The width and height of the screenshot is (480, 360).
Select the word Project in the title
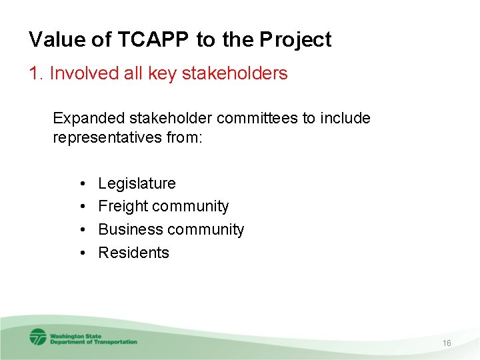point(295,40)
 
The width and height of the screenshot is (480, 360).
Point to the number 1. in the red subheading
point(37,73)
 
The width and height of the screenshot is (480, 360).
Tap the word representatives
point(106,139)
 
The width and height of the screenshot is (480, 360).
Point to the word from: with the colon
point(182,139)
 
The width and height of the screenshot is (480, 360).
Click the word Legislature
point(137,183)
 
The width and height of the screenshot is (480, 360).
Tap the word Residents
point(133,253)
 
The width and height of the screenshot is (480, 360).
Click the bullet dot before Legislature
point(80,183)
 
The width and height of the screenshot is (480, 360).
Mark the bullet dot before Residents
point(80,253)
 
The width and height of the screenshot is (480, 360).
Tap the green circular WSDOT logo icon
point(38,337)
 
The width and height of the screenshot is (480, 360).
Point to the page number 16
point(447,343)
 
